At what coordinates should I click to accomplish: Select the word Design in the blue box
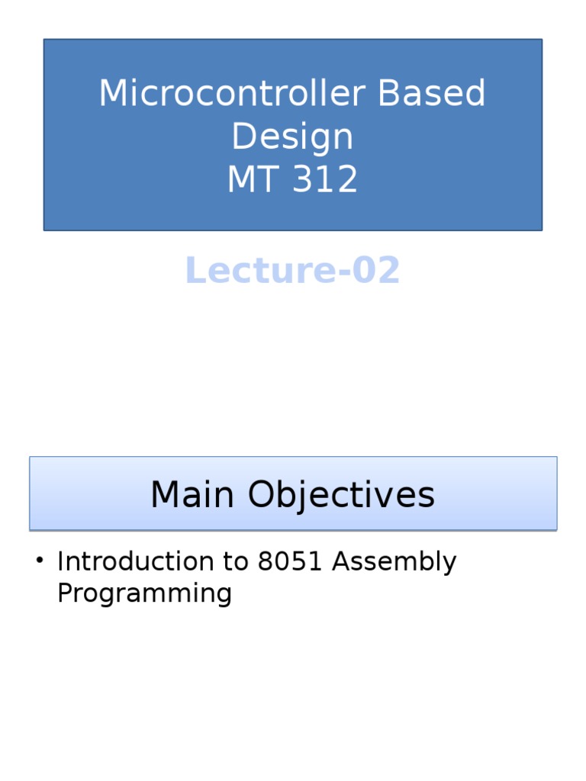pos(292,137)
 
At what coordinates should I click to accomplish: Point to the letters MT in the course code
pos(250,180)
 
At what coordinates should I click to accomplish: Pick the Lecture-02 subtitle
pos(292,271)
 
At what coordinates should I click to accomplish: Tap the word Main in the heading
pos(192,495)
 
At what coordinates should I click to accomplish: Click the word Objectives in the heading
pos(341,495)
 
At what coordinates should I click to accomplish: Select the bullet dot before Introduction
pos(39,562)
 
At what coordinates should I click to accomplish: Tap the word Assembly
pos(394,562)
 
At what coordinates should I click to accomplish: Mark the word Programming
pos(144,593)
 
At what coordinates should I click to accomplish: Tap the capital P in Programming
pos(64,593)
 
